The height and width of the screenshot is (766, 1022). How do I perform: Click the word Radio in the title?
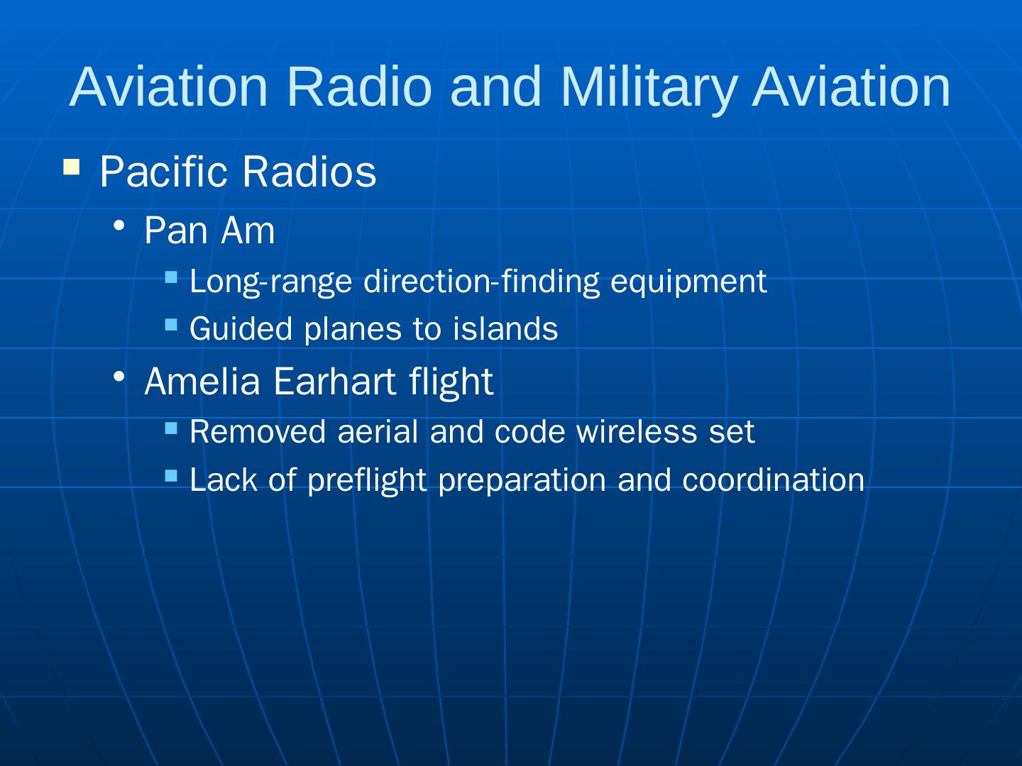pos(360,87)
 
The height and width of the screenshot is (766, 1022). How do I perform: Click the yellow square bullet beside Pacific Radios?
pos(71,167)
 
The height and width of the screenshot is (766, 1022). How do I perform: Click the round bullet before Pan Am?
pos(119,226)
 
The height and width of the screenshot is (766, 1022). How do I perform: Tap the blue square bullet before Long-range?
pos(171,277)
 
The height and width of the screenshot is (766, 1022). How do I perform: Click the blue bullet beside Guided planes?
pos(171,324)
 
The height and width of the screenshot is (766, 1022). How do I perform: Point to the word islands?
pos(505,328)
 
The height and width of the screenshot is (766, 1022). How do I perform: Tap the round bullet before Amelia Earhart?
pos(119,376)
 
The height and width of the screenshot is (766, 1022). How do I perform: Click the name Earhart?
pos(334,382)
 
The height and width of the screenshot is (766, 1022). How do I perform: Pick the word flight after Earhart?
pos(451,383)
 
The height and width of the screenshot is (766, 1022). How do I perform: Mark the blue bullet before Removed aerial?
pos(171,428)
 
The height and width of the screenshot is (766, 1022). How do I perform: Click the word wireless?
pos(637,431)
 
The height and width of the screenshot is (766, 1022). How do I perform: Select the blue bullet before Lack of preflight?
pos(171,475)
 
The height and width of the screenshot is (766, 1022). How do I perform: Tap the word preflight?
pos(367,481)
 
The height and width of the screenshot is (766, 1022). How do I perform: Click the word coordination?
pos(774,479)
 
